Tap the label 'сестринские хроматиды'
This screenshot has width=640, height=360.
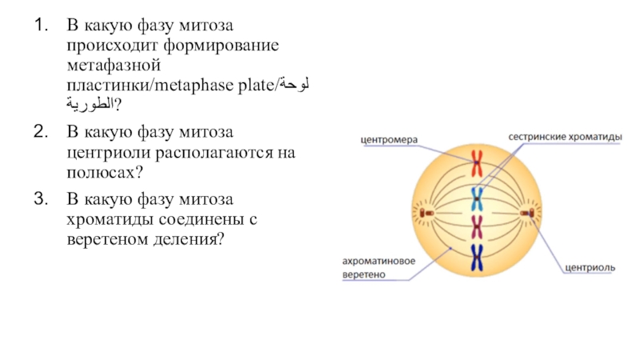[x=565, y=137]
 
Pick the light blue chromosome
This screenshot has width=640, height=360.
[x=477, y=196]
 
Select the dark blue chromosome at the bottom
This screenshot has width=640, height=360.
[x=477, y=257]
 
